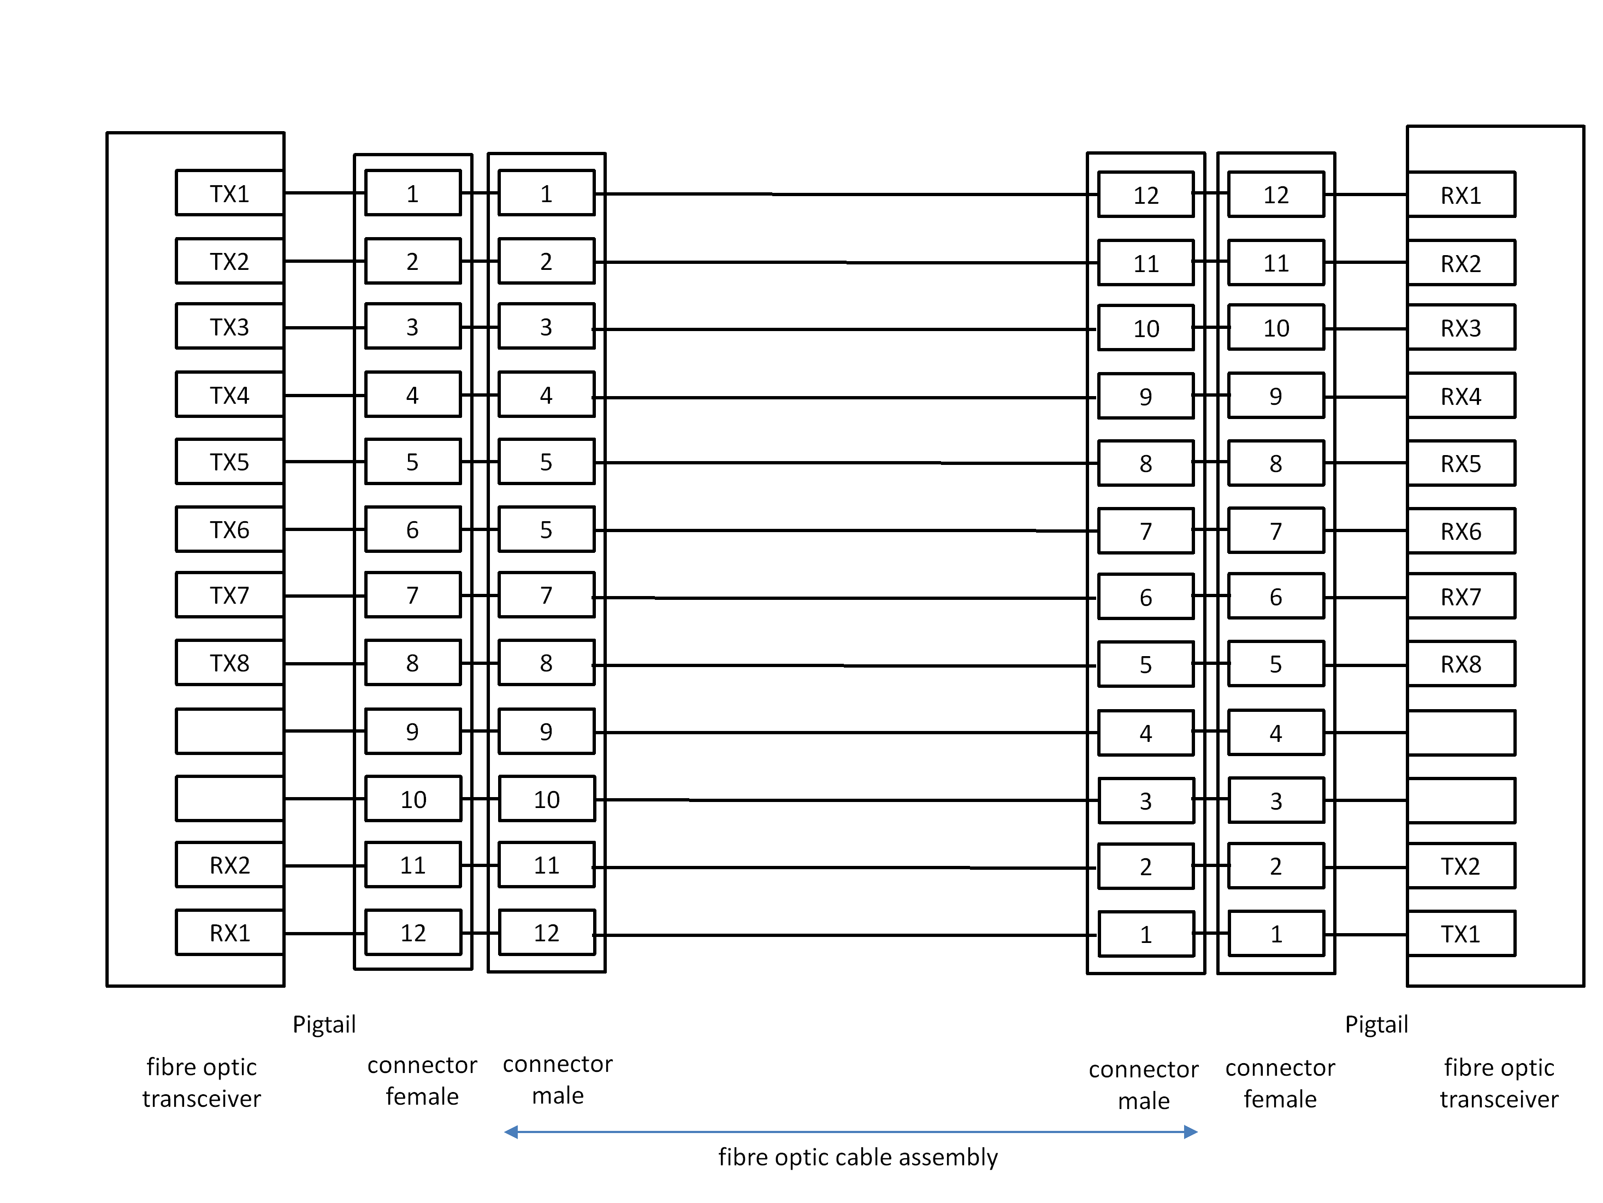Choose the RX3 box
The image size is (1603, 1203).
[1460, 328]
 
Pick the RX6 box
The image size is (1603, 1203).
[1460, 531]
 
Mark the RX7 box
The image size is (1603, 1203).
[1460, 597]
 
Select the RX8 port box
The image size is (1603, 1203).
[1460, 664]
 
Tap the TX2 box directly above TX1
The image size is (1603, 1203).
[1460, 866]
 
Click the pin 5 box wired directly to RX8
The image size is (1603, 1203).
[1275, 664]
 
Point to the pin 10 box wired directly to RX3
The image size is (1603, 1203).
[1275, 328]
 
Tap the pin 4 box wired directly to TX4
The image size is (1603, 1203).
[412, 395]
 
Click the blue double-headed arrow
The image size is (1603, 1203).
[851, 1132]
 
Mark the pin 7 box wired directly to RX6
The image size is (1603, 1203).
[1275, 531]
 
